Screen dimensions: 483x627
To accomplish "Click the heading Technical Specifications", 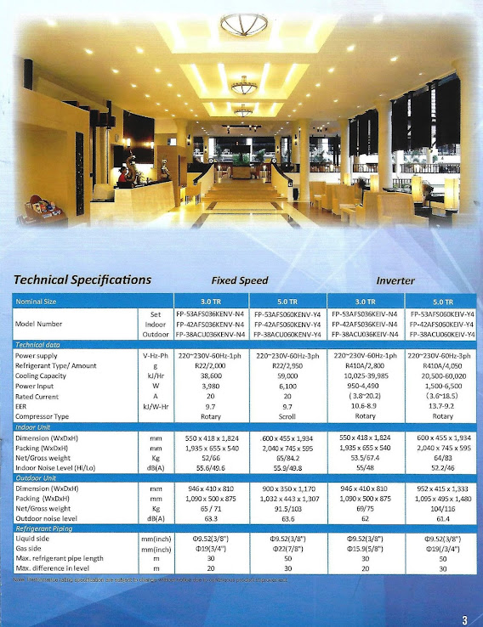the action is click(x=82, y=280).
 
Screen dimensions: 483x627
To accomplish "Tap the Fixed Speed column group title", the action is click(x=240, y=280).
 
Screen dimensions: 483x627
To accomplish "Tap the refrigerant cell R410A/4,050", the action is click(x=442, y=364).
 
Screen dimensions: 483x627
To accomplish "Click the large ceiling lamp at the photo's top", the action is click(x=244, y=25).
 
